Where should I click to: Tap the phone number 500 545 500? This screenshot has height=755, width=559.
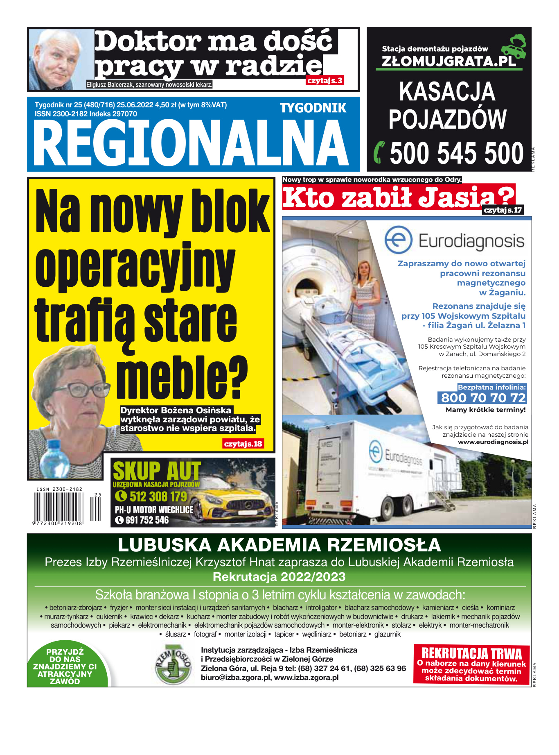(x=456, y=153)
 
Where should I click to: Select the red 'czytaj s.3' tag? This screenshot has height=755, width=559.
(x=325, y=81)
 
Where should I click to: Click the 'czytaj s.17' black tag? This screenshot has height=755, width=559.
(x=503, y=210)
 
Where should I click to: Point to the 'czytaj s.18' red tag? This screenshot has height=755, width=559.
(x=243, y=444)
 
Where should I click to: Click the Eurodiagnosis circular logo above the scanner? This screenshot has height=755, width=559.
(x=398, y=240)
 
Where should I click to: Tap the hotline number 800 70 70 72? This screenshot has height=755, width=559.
(x=483, y=397)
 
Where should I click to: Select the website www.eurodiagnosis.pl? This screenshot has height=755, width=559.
(x=493, y=442)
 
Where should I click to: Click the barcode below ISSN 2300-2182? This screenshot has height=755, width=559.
(x=59, y=506)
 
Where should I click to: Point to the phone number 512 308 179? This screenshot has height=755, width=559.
(x=158, y=497)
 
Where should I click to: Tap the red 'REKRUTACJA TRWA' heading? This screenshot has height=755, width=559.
(x=471, y=653)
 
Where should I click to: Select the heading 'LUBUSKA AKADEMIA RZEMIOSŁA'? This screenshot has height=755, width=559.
(x=279, y=545)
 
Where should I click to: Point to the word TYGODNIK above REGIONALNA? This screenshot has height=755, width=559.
(x=313, y=108)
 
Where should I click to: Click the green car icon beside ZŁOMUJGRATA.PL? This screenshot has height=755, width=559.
(x=515, y=46)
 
